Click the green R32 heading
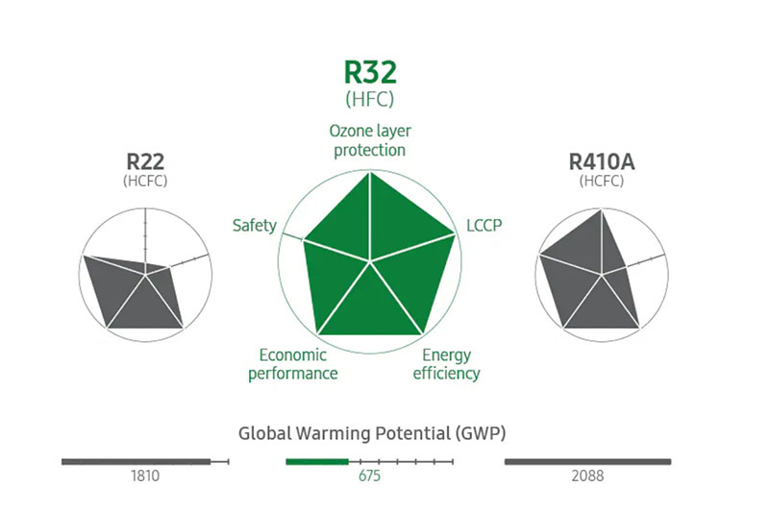click(370, 73)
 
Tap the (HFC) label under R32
click(370, 98)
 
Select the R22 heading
click(144, 159)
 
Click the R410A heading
click(601, 159)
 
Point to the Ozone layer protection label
click(370, 139)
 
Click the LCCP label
click(484, 225)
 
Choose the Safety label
click(254, 226)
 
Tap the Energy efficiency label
click(446, 364)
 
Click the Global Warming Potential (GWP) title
click(372, 433)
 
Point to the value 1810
click(144, 475)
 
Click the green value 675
click(370, 475)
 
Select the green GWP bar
click(316, 462)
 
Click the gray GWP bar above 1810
click(136, 462)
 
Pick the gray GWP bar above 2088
click(587, 462)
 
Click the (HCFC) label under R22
click(144, 181)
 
